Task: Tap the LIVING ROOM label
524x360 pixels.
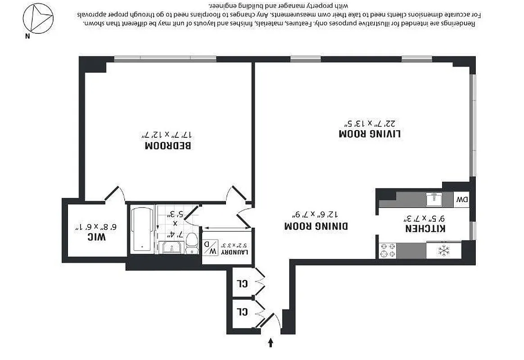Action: [370, 134]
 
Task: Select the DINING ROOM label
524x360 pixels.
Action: [316, 226]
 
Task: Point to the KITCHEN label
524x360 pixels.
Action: [425, 229]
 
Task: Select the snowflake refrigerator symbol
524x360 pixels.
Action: [444, 251]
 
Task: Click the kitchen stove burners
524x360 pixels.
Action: [388, 251]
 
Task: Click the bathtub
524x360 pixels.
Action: [142, 229]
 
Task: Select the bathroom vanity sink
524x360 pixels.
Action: [172, 247]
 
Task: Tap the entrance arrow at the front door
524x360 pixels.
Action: [271, 343]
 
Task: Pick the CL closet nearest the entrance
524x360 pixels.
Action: [243, 311]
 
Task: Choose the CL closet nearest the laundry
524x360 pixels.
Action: [243, 283]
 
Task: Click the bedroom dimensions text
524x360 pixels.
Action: [168, 135]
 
